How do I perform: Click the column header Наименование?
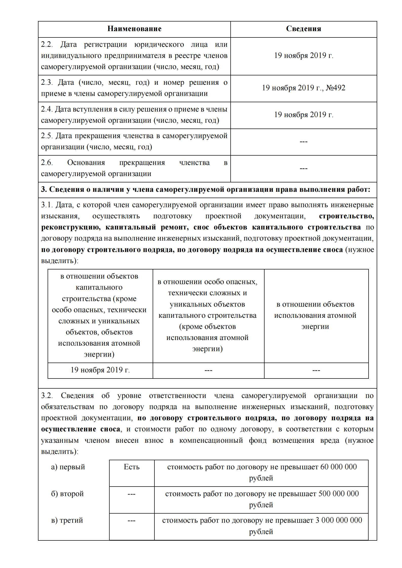tap(134, 29)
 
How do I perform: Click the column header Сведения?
tap(304, 29)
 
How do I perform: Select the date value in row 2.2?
tap(304, 55)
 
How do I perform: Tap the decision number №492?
tap(335, 88)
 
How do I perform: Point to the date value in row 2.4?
tap(304, 115)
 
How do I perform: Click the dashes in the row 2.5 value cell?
tap(304, 142)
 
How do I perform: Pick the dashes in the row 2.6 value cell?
tap(304, 169)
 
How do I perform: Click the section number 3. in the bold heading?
tap(44, 190)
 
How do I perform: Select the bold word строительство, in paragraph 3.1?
tap(346, 216)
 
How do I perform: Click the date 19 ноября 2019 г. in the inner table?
tap(100, 370)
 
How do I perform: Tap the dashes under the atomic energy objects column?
tap(316, 370)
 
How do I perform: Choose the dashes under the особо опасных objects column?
tap(208, 370)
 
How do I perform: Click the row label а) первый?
tap(68, 467)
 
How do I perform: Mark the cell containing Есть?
tap(132, 467)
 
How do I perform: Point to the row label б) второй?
tap(67, 494)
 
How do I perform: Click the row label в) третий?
tap(67, 520)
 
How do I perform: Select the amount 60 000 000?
tap(338, 467)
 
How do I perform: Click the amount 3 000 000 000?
tap(338, 520)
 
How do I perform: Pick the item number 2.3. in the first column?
tap(47, 82)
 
